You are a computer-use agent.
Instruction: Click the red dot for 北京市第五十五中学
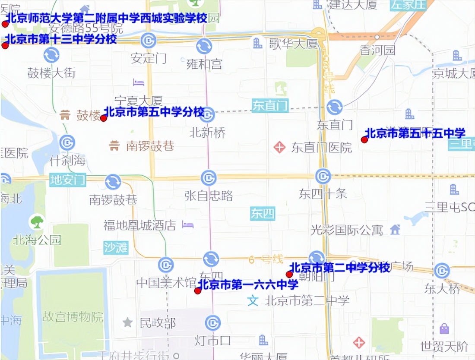(364, 139)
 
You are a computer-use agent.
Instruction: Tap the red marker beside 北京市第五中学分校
(104, 118)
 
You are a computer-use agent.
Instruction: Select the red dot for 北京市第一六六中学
(198, 291)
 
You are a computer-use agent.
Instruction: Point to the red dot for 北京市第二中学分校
(289, 274)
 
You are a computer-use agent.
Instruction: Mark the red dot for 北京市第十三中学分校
(5, 45)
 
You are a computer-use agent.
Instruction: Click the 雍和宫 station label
(204, 64)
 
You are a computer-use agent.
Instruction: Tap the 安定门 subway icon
(148, 41)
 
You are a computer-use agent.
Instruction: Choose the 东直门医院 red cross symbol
(279, 148)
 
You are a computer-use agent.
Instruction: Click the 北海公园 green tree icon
(37, 222)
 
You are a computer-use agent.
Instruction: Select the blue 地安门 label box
(68, 179)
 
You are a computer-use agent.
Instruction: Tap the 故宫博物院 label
(73, 318)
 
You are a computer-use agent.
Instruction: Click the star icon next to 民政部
(127, 322)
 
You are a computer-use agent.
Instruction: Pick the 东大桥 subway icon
(442, 271)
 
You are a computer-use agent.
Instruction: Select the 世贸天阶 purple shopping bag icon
(444, 329)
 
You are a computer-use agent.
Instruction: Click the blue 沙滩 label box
(116, 247)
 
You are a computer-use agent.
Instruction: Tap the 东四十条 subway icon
(323, 176)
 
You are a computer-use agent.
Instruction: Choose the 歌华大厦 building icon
(258, 43)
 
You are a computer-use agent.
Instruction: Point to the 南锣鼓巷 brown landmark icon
(114, 146)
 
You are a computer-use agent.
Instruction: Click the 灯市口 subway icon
(212, 323)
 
